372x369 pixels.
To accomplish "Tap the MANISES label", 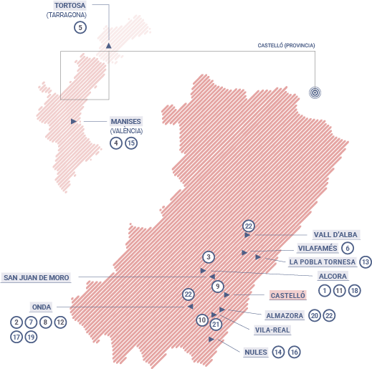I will point(125,121).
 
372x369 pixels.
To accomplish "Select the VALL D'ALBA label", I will point(335,234).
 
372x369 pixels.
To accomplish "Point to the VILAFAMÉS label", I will point(316,248).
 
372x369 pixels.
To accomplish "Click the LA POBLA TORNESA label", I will point(322,262).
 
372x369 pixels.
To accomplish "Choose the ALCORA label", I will point(333,276).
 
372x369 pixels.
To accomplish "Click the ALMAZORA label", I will point(285,315).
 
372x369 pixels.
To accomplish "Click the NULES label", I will point(255,352).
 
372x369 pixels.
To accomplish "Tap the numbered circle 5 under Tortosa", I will point(80,27).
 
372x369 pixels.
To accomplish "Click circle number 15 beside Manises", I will point(130,143).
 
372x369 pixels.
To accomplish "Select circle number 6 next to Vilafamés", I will point(348,248).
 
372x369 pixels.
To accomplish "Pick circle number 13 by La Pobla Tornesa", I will point(366,262).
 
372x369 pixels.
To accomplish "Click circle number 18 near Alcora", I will point(354,290).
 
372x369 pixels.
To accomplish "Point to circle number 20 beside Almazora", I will point(315,315).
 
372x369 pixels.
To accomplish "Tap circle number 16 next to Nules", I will point(293,352).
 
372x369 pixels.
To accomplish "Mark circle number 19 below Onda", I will point(30,336).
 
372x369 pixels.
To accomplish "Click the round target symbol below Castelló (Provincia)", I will point(314,92).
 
